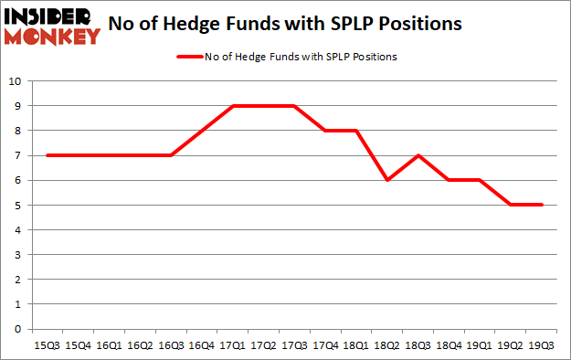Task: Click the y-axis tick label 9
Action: coord(18,106)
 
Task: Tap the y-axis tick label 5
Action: coord(18,206)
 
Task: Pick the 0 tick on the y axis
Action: coord(18,329)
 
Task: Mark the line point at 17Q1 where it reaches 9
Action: coord(233,106)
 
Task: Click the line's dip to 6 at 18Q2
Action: coord(388,180)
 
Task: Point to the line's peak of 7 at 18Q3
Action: coord(419,155)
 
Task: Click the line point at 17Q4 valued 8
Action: coord(326,131)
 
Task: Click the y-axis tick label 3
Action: coord(18,255)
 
